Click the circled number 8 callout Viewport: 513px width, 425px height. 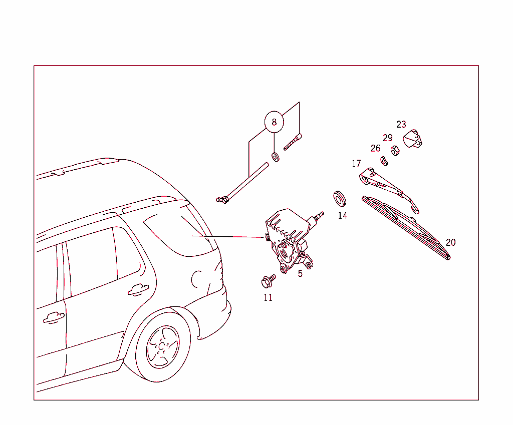[274, 122]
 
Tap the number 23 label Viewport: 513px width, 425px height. [401, 125]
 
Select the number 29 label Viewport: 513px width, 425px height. [388, 138]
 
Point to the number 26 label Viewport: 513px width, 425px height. [375, 148]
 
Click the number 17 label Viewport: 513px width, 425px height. [356, 164]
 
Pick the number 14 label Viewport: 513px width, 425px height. [342, 216]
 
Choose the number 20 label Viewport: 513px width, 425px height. [450, 242]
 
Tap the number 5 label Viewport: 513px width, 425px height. [300, 274]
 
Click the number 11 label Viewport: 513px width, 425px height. [268, 297]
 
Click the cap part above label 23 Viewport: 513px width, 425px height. [413, 139]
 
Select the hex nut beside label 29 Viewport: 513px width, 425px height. [394, 150]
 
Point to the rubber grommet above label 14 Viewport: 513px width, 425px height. [340, 198]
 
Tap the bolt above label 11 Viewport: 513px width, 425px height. [268, 281]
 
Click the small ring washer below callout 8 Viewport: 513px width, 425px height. [275, 157]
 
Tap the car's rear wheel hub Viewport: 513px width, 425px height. [162, 346]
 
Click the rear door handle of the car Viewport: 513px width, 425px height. [138, 289]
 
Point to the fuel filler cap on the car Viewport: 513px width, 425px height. [196, 279]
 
